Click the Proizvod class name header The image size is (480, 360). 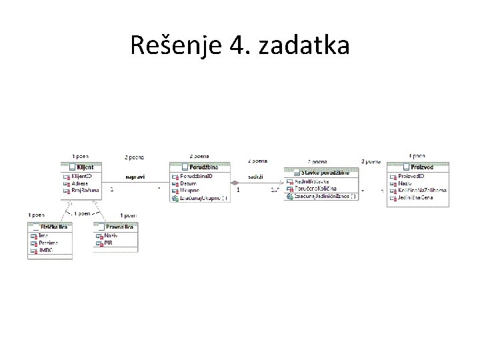[421, 167]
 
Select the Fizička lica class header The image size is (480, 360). [53, 227]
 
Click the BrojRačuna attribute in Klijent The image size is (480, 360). [85, 191]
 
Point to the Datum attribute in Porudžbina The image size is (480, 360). [189, 183]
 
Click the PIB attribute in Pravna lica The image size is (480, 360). [109, 243]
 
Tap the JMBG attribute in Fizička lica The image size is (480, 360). [47, 251]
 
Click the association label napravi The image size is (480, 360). [135, 177]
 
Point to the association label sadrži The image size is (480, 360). [255, 177]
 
